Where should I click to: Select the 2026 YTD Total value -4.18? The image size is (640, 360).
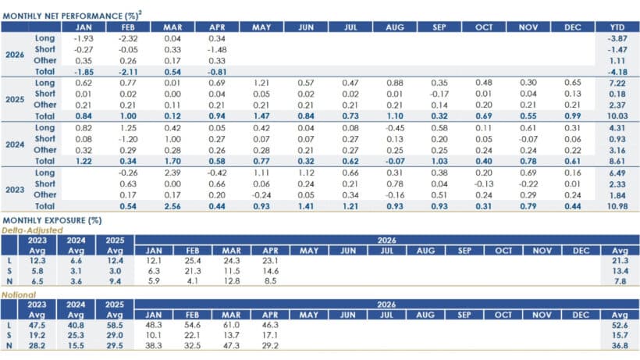coord(617,72)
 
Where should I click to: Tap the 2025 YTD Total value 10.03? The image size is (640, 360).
coord(617,116)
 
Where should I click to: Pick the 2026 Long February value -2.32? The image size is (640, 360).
coord(128,38)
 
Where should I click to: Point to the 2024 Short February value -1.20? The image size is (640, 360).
coord(128,139)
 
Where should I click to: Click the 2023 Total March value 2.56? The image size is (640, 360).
coord(172,206)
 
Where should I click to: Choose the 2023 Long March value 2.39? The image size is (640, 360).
coord(172,173)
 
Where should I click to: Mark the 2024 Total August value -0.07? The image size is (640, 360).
coord(395,161)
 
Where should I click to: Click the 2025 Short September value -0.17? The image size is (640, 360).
coord(439,94)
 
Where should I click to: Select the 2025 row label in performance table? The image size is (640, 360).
coord(15,99)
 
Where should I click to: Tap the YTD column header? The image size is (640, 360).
coord(617,27)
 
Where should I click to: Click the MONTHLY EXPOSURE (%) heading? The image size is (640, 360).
coord(52,220)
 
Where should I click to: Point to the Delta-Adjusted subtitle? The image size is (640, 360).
coord(32,230)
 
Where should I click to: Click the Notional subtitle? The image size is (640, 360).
coord(19,294)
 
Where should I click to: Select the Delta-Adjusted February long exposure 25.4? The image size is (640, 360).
coord(193,260)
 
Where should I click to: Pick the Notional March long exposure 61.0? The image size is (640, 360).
coord(231,325)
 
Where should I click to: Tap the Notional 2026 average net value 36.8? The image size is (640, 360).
coord(620,345)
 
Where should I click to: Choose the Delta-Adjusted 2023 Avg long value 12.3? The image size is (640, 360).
coord(37,260)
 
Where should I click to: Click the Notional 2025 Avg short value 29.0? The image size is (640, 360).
coord(115,335)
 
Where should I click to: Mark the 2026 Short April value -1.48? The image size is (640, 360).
coord(217,49)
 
